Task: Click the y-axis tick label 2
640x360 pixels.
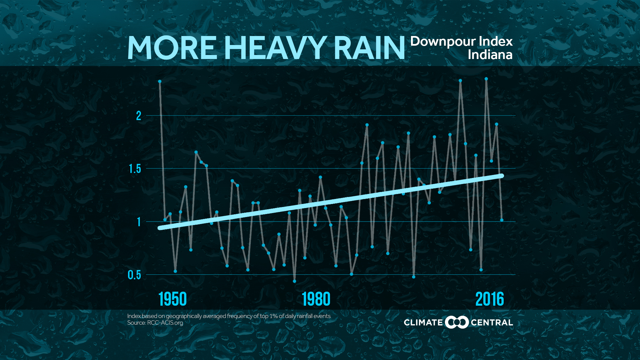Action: pos(139,116)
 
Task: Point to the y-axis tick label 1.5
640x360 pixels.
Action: pos(135,169)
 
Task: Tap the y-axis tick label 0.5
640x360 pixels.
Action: pos(134,275)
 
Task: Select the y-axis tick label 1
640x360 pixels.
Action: pos(139,222)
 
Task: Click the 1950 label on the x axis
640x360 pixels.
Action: pos(172,299)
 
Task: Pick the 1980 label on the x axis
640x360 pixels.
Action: pos(316,299)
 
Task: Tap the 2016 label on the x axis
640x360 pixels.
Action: pos(489,299)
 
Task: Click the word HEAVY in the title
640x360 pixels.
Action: pos(275,48)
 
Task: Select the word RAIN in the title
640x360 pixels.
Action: pos(369,48)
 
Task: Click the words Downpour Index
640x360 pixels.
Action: pos(461,41)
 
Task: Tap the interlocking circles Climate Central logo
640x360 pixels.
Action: pos(457,322)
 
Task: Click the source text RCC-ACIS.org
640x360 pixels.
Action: pos(165,323)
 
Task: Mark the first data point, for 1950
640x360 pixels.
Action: pos(160,81)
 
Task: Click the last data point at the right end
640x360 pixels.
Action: pos(502,220)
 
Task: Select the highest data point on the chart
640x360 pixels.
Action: pos(486,79)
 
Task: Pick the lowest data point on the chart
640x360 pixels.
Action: pos(294,281)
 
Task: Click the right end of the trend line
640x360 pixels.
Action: pos(501,176)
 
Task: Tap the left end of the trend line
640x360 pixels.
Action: pos(160,228)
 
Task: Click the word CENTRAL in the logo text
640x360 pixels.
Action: pos(492,323)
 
